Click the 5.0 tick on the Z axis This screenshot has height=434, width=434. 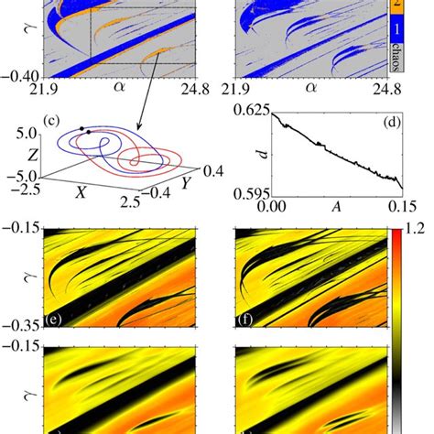(29, 134)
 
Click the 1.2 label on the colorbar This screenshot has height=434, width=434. (420, 222)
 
